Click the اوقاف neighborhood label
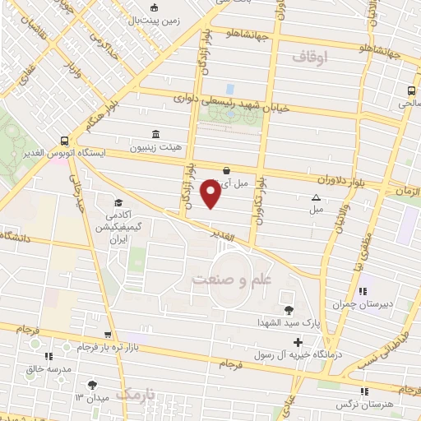point(309,56)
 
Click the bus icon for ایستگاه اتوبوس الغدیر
point(64,141)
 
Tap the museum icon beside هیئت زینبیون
point(156,133)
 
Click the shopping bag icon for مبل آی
point(226,170)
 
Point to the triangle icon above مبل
point(317,197)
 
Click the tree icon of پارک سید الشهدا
point(288,310)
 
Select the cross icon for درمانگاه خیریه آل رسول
point(298,342)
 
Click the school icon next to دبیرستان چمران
point(363,290)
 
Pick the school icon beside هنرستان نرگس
point(363,392)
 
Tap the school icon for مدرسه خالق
point(48,356)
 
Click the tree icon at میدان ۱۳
point(91,385)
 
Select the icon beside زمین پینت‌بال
point(153,10)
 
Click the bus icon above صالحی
point(409,91)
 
